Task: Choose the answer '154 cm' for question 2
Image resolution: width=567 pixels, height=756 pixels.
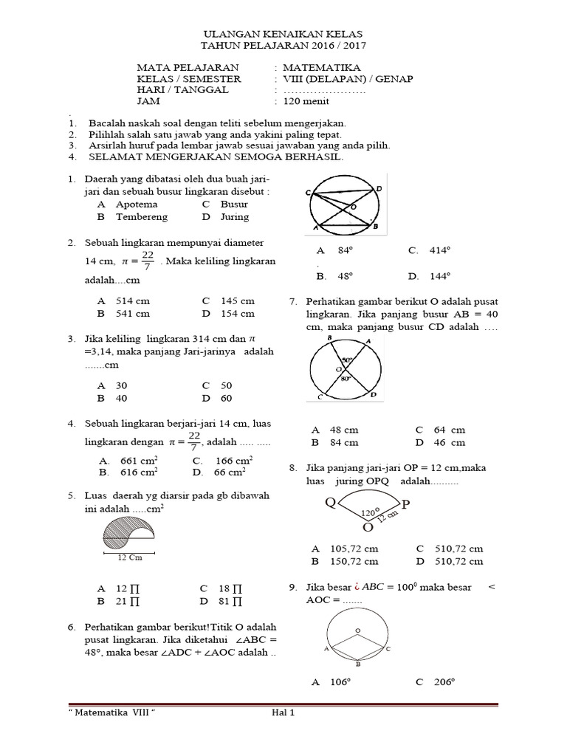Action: pyautogui.click(x=237, y=314)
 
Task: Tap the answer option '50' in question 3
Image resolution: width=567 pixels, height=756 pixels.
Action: pyautogui.click(x=226, y=385)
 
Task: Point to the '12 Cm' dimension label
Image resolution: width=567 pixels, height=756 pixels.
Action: pyautogui.click(x=130, y=558)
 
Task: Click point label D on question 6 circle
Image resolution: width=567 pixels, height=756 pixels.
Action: pyautogui.click(x=379, y=189)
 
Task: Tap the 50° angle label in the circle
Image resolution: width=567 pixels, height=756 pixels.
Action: pyautogui.click(x=346, y=361)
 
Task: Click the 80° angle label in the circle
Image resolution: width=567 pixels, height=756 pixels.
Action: pyautogui.click(x=344, y=379)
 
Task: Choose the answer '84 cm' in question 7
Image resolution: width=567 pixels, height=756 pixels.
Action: pyautogui.click(x=344, y=443)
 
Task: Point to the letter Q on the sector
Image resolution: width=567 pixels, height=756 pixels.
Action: pyautogui.click(x=331, y=503)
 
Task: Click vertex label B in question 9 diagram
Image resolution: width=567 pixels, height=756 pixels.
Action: pyautogui.click(x=358, y=664)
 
